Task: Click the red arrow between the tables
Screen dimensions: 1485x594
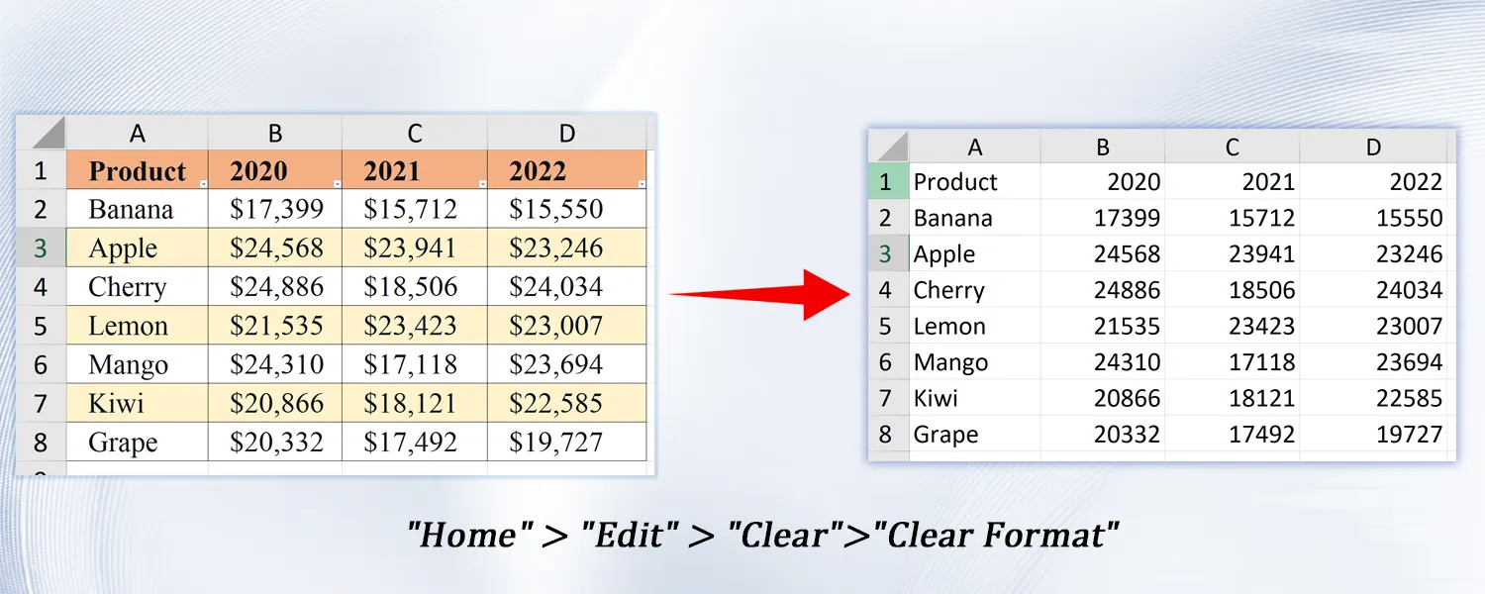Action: tap(760, 294)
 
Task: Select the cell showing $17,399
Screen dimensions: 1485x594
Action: tap(275, 209)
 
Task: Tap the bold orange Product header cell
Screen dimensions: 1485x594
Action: tap(138, 170)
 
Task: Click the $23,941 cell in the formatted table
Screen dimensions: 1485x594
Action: tap(415, 247)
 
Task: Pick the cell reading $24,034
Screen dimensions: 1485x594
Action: tap(567, 286)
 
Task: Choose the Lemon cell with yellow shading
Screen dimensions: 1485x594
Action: tap(138, 325)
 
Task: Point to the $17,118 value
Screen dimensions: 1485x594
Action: tap(415, 364)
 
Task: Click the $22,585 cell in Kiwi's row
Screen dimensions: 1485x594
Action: tap(567, 402)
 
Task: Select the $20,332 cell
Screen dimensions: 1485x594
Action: tap(275, 442)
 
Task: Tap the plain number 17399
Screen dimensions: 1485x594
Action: tap(1127, 218)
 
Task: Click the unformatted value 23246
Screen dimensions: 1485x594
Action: tap(1409, 253)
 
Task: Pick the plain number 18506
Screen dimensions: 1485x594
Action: tap(1261, 290)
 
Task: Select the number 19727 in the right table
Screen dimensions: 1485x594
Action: tap(1409, 435)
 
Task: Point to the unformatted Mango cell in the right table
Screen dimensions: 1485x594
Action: tap(950, 362)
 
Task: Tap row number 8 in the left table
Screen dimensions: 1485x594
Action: tap(41, 443)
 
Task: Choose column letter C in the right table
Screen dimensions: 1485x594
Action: tap(1232, 148)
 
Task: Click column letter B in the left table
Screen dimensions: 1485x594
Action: tap(275, 134)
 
